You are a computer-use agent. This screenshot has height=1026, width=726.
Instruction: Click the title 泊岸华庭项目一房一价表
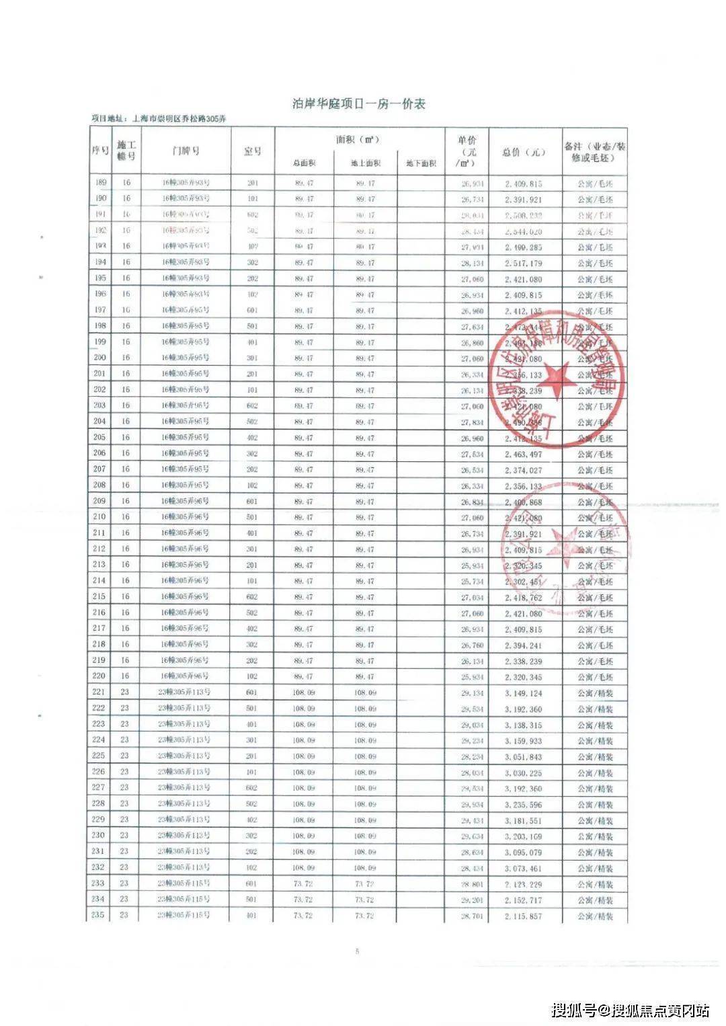tap(358, 104)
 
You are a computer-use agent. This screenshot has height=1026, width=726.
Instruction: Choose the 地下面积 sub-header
tap(421, 163)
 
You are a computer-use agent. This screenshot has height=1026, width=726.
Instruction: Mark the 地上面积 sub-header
tap(365, 163)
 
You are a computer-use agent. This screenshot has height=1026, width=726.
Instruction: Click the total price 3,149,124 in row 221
tap(524, 693)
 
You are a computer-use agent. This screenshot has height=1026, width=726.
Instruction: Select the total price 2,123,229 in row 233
tap(524, 884)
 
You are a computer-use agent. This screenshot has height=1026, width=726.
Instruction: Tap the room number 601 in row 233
tap(251, 884)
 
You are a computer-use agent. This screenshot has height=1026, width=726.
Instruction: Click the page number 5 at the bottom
tap(358, 951)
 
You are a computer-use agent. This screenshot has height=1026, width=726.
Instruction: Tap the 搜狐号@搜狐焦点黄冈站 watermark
tap(630, 1010)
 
